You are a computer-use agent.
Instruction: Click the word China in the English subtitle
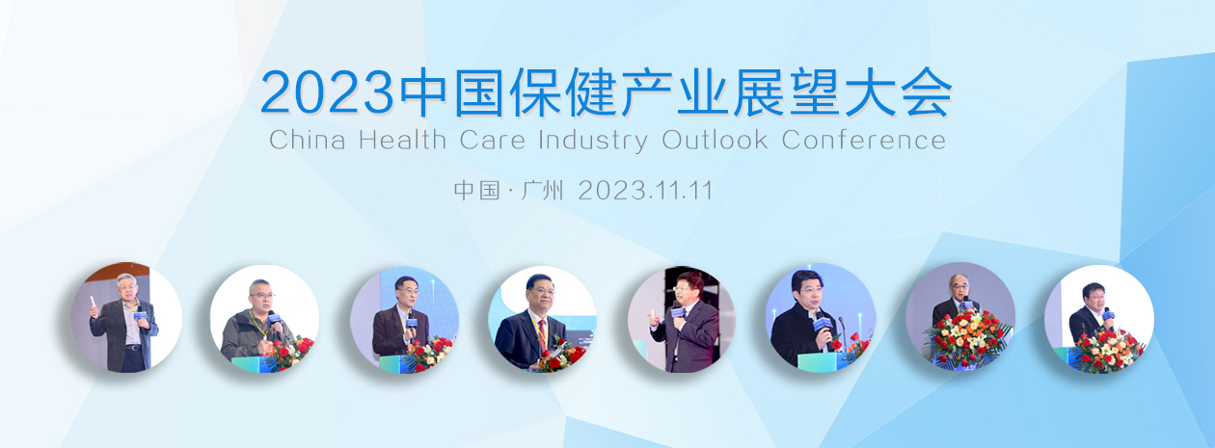307,140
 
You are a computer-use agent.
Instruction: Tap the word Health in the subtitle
402,140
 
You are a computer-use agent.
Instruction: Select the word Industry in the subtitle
593,141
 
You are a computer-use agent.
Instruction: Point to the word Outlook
715,140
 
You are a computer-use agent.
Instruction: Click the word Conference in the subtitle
864,140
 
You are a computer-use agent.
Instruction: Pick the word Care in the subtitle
492,141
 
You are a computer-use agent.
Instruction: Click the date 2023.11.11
645,191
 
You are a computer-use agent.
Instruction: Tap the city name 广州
542,191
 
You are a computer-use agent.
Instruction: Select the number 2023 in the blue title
327,92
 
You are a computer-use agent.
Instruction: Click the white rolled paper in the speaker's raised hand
93,302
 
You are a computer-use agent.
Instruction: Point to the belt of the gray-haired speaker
133,348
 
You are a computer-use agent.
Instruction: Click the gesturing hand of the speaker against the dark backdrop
654,320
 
